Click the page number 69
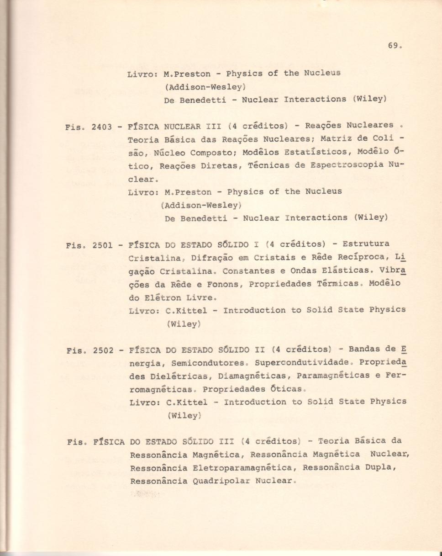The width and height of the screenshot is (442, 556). click(394, 46)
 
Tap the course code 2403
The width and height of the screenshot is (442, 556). click(102, 127)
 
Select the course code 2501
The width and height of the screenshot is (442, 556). click(102, 245)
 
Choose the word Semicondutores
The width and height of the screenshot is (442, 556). click(210, 364)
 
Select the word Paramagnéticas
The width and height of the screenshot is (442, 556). click(333, 376)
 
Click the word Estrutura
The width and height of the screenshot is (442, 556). click(366, 244)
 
